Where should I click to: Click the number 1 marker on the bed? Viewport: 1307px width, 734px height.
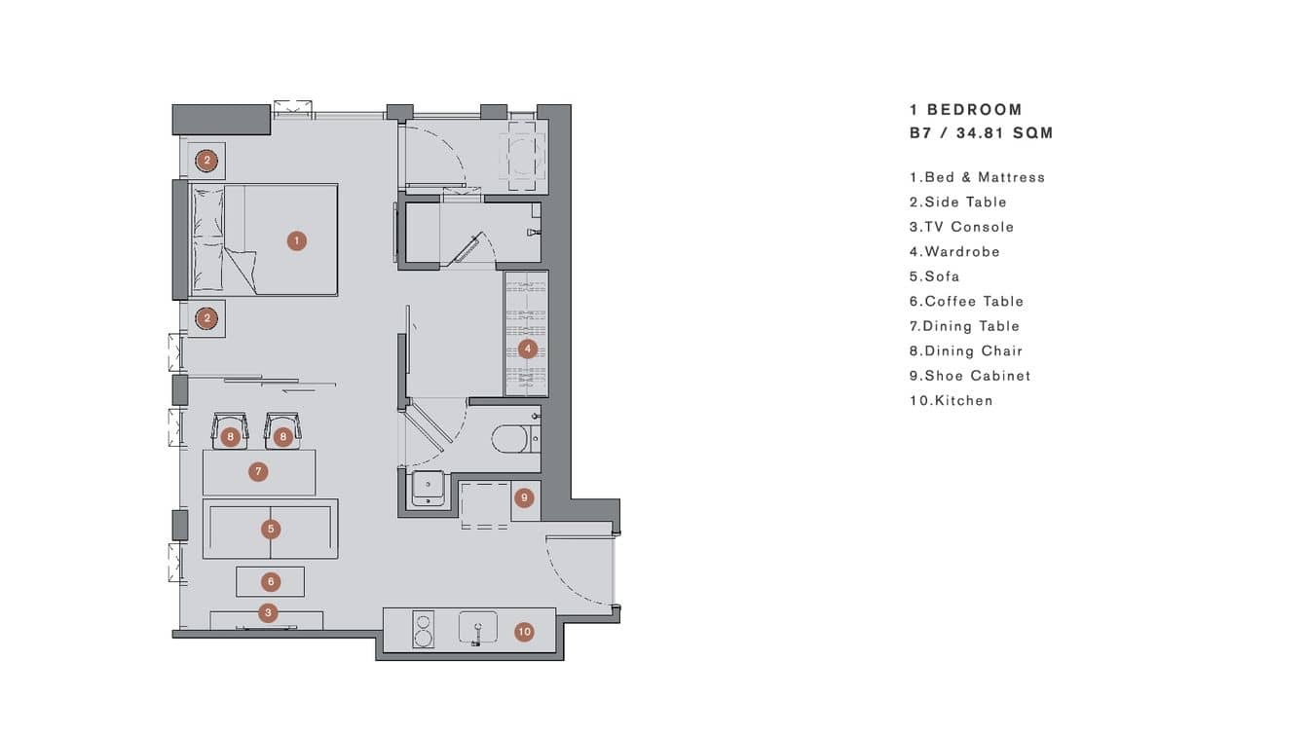pos(297,240)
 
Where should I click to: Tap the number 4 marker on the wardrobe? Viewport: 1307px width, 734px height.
pos(527,349)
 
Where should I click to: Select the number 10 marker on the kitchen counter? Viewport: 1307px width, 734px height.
pos(524,632)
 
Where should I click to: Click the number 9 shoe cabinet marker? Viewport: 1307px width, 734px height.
pos(524,497)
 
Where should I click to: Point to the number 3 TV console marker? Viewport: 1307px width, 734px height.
pos(269,613)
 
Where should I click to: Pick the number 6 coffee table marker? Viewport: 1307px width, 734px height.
pos(271,582)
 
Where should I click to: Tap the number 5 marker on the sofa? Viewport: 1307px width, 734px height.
pos(271,530)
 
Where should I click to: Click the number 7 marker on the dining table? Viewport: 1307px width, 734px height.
pos(258,472)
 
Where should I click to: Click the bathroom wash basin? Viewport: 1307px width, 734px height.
pos(429,487)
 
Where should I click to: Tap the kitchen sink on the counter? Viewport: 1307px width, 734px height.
pos(477,628)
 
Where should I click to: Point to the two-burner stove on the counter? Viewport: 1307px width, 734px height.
pos(424,629)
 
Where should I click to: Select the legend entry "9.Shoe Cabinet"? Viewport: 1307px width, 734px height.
pos(969,376)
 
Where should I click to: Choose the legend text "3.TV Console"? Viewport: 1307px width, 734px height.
pos(961,227)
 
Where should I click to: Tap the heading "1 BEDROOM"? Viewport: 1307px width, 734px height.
pos(965,110)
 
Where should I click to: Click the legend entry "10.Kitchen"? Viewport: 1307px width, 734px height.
pos(951,400)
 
